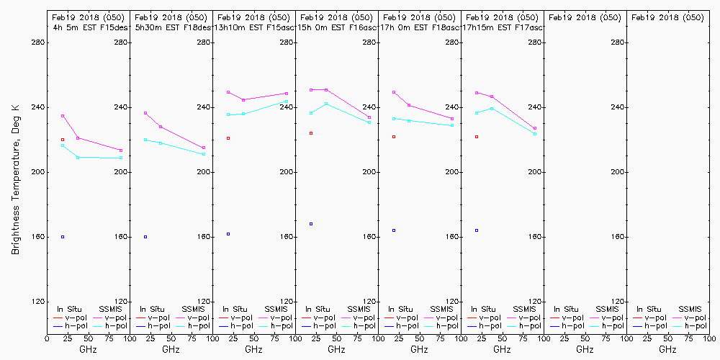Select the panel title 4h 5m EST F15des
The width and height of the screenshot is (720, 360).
click(87, 27)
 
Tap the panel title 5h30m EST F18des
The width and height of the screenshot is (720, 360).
click(171, 27)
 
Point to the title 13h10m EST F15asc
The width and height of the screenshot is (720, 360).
click(253, 27)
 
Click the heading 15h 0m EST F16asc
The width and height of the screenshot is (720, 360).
click(336, 27)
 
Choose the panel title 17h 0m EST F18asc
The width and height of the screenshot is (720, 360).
click(419, 27)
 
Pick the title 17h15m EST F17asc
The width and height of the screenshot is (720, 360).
click(502, 27)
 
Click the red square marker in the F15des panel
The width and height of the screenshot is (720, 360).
click(63, 140)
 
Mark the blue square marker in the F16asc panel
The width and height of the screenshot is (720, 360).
click(311, 224)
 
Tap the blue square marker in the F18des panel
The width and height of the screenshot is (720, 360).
click(145, 237)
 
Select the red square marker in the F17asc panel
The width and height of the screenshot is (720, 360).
click(477, 137)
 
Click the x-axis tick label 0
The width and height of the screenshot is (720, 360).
click(47, 338)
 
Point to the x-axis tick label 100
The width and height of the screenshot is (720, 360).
click(708, 338)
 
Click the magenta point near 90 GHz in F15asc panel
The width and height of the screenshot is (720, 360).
click(287, 94)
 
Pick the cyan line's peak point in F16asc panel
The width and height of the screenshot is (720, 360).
click(326, 104)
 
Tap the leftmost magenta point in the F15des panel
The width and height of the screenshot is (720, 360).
click(63, 116)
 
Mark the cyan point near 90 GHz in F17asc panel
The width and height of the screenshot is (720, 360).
click(535, 134)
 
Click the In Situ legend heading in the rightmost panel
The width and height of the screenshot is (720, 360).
click(649, 309)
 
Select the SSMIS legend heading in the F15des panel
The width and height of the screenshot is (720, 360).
click(111, 309)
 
